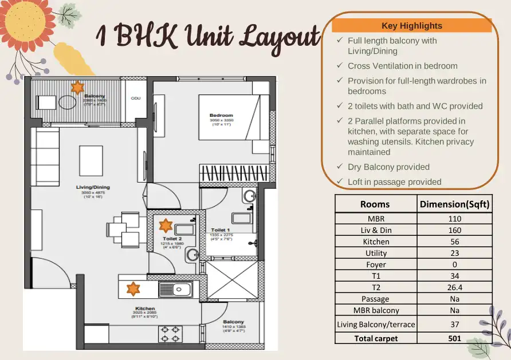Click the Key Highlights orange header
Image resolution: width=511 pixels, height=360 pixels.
411,26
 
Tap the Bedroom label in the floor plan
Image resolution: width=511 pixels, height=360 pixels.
221,116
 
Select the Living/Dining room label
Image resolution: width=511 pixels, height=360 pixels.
93,187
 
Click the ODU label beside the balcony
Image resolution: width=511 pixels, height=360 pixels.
136,98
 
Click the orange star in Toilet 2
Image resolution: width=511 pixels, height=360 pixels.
166,225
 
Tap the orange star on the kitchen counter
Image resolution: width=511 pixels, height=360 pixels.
133,288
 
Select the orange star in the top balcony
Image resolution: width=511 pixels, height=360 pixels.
77,87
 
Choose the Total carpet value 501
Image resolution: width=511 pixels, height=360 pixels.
454,338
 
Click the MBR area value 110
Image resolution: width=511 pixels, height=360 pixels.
454,218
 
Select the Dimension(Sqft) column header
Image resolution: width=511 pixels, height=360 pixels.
454,204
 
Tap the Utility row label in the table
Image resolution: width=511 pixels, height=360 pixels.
376,253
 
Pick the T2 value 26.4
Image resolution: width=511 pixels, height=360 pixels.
454,287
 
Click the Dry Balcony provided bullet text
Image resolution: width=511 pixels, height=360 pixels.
388,167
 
